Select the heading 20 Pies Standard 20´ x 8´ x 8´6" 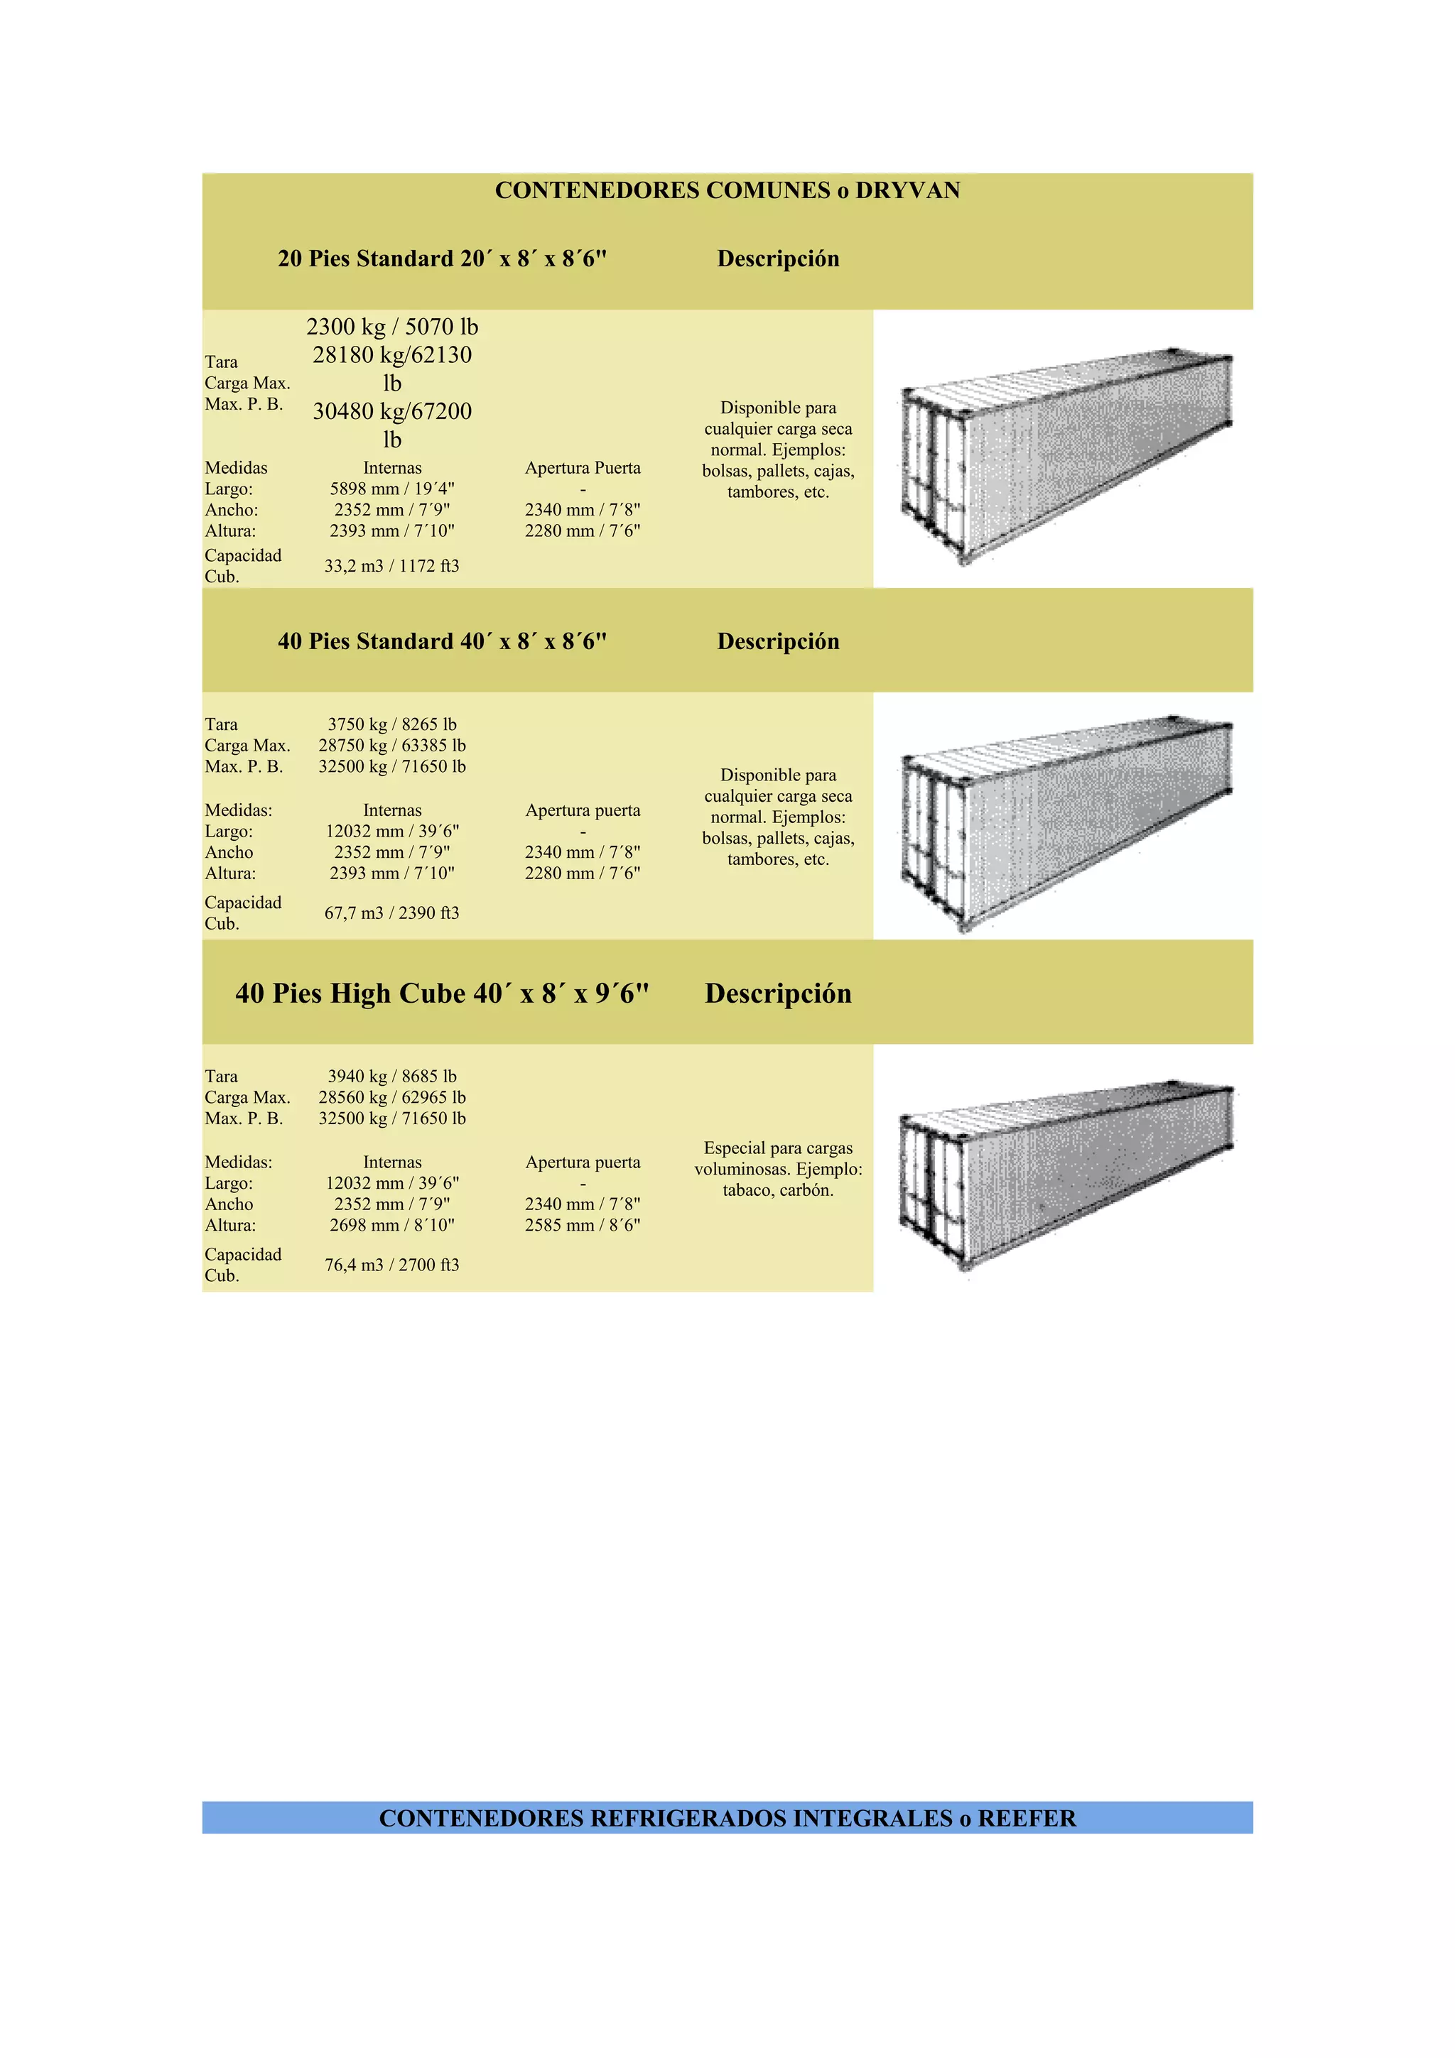tap(442, 258)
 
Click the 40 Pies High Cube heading tap(442, 993)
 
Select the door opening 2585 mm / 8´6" tap(583, 1224)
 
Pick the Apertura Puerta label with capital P tap(583, 468)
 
